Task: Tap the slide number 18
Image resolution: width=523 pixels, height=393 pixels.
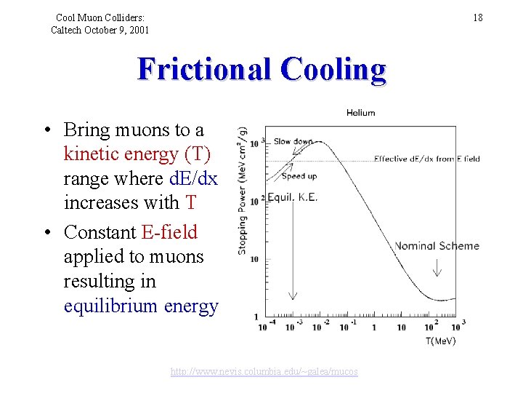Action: click(477, 17)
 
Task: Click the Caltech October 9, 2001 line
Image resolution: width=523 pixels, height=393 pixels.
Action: click(100, 30)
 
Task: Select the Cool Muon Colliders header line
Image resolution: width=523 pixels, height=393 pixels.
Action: click(100, 17)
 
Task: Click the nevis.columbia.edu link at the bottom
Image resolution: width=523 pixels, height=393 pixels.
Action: click(264, 372)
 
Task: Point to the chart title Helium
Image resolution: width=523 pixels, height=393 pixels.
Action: click(360, 113)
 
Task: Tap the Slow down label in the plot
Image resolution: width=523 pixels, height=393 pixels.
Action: click(293, 142)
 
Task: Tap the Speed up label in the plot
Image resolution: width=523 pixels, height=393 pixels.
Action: click(299, 176)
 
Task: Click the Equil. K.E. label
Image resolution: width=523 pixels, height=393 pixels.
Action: click(293, 198)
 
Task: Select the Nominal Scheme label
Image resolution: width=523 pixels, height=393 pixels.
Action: click(437, 246)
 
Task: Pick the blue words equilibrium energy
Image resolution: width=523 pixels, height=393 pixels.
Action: click(141, 306)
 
